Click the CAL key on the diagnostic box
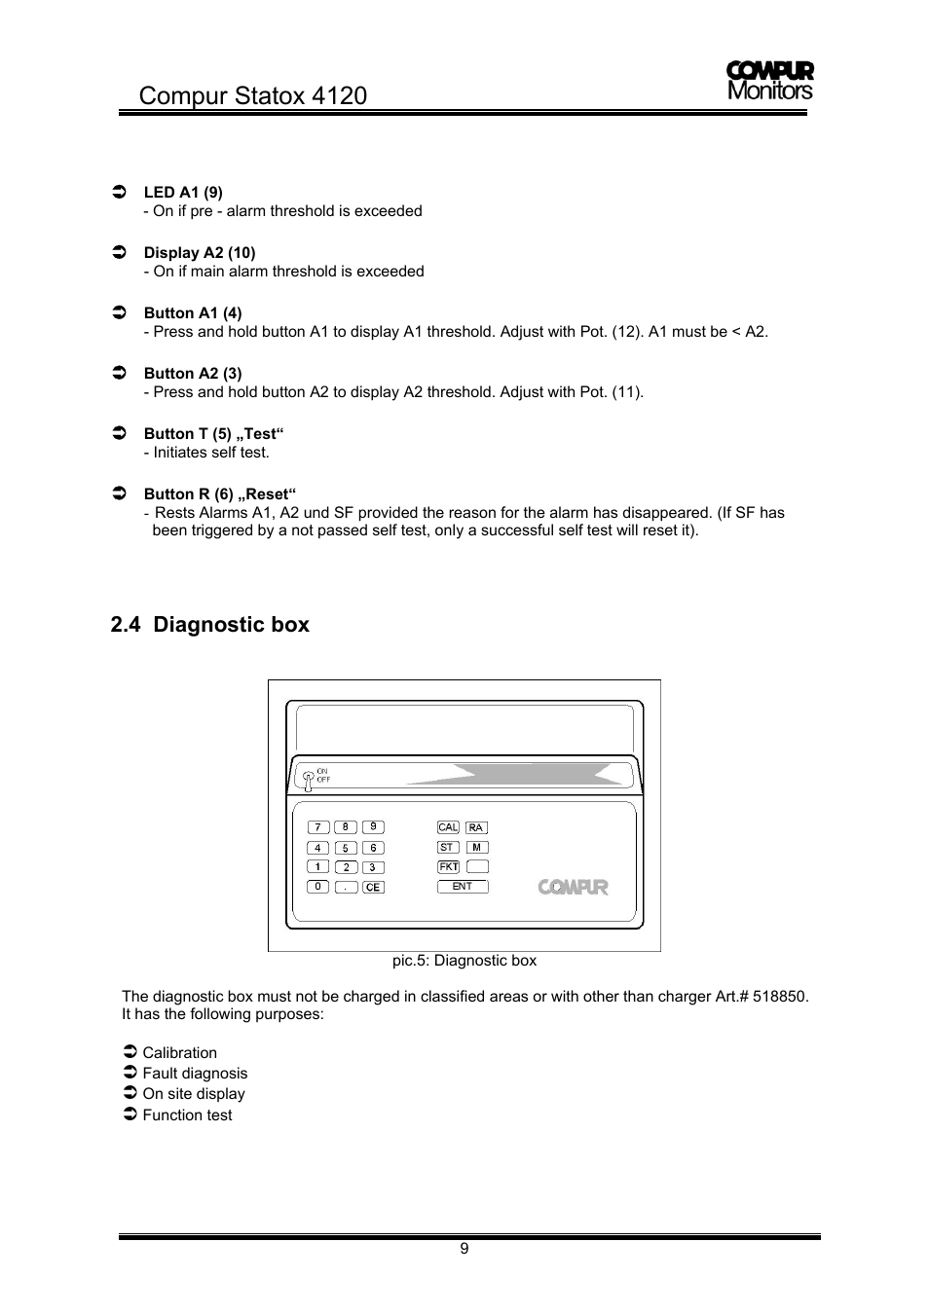pyautogui.click(x=448, y=827)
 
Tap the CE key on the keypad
pyautogui.click(x=373, y=888)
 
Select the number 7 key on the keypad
pyautogui.click(x=317, y=827)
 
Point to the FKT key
pyautogui.click(x=448, y=866)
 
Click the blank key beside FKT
pyautogui.click(x=477, y=866)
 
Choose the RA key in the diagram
pyautogui.click(x=475, y=827)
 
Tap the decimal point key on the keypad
pyautogui.click(x=346, y=888)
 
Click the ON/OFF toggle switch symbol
pyautogui.click(x=308, y=777)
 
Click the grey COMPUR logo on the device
pyautogui.click(x=574, y=887)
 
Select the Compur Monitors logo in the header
pyautogui.click(x=769, y=81)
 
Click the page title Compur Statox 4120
pyautogui.click(x=253, y=95)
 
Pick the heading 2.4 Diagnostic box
pyautogui.click(x=210, y=625)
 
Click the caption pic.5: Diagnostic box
pyautogui.click(x=464, y=961)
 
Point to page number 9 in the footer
pyautogui.click(x=464, y=1249)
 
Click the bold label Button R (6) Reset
pyautogui.click(x=220, y=493)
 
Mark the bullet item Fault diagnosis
pyautogui.click(x=195, y=1073)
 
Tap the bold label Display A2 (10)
pyautogui.click(x=200, y=253)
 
